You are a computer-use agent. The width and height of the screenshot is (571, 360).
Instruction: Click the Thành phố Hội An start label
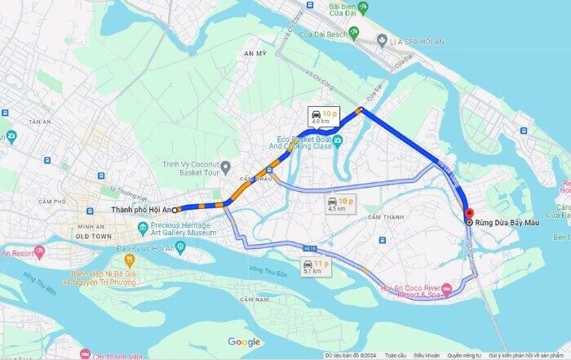click(140, 210)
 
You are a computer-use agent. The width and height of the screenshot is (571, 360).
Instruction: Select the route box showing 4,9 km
click(325, 116)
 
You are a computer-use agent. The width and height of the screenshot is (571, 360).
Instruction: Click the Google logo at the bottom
click(244, 342)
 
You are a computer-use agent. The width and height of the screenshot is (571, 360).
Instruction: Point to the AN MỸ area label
click(255, 53)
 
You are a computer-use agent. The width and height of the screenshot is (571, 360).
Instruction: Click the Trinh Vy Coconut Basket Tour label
click(191, 168)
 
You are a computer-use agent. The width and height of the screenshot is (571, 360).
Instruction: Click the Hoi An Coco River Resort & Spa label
click(411, 291)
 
